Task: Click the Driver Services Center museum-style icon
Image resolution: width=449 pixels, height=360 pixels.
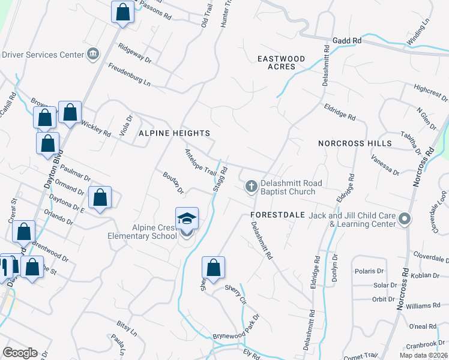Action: tap(93, 55)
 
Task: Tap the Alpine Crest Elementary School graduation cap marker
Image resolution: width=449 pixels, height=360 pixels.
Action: tap(187, 219)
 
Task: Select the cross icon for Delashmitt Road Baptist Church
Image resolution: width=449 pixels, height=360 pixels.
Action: tap(252, 187)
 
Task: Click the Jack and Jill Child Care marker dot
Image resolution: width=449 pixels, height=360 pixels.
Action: tap(405, 220)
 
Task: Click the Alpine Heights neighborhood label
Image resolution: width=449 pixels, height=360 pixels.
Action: tap(175, 133)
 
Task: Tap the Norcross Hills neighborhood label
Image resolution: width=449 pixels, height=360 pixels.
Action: tap(355, 143)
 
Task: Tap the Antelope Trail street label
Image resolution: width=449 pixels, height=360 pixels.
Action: tap(200, 162)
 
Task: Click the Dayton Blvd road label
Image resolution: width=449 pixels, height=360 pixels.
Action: tap(53, 174)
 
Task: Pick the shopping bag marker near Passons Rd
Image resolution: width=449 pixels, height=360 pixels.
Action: tap(122, 12)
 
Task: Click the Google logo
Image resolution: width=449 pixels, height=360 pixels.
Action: tap(20, 353)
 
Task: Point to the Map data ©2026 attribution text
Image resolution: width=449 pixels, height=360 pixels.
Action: tap(420, 355)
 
